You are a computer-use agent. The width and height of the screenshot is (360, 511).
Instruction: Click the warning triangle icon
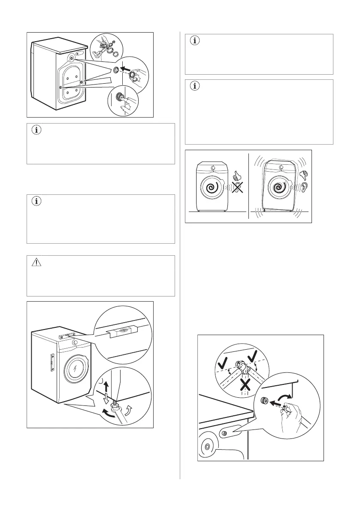(x=35, y=263)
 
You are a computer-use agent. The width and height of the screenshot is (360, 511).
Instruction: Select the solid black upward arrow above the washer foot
(x=106, y=386)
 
